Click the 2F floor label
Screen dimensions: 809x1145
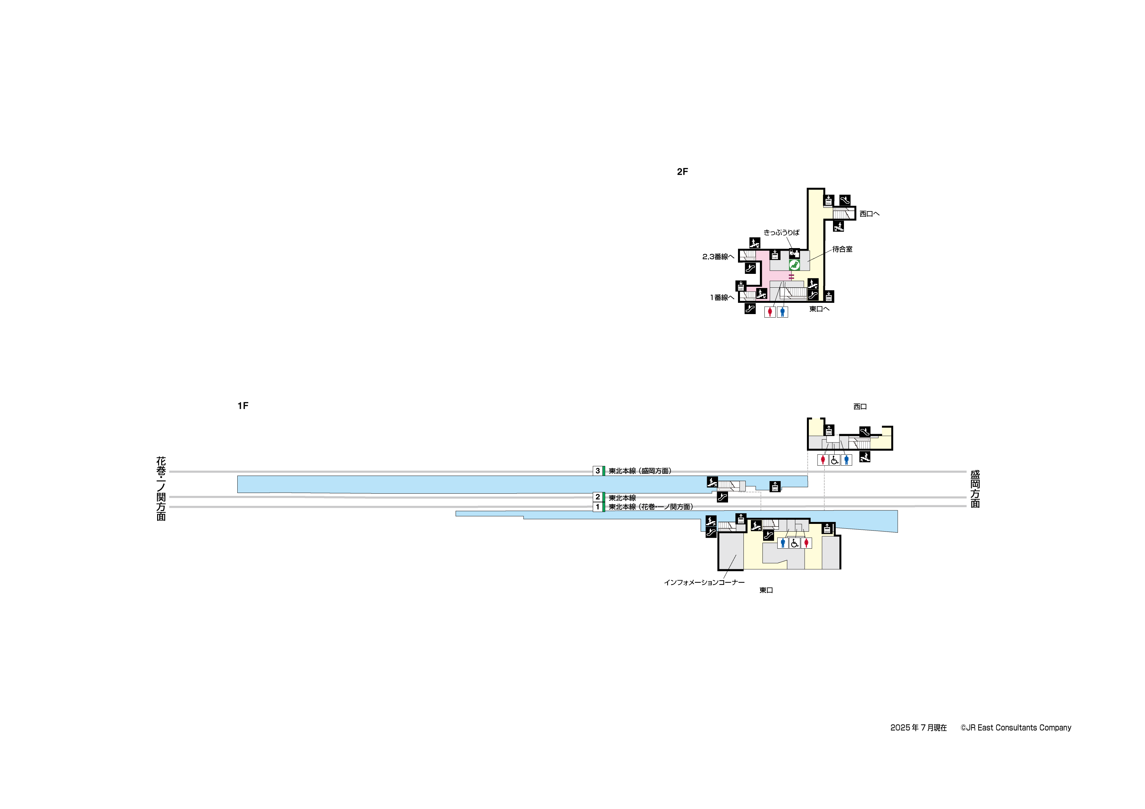pos(682,172)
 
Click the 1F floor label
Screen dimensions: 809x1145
pos(243,406)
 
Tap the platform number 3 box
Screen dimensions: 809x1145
pos(597,470)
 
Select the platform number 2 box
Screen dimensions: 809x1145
pos(597,497)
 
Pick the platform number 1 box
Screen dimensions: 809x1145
pos(597,507)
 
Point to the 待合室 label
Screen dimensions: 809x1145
pos(842,249)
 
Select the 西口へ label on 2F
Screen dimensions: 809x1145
pos(869,214)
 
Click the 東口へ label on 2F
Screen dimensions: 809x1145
pos(819,309)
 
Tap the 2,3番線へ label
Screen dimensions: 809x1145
pos(718,257)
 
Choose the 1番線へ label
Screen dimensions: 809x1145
pos(722,298)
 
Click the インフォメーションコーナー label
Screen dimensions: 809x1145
pos(704,582)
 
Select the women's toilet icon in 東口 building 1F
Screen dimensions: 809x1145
pos(806,543)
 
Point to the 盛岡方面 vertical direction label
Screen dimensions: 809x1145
pos(975,488)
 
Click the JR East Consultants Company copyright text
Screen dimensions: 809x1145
pos(1016,728)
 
